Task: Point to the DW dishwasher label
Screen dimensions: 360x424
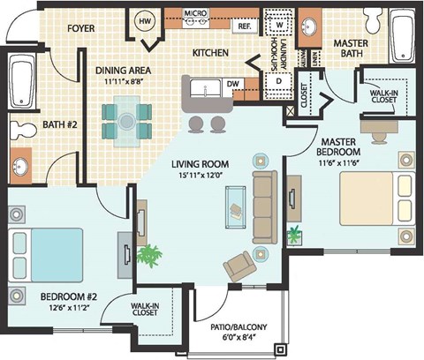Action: coord(234,84)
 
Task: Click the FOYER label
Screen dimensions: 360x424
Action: coord(81,27)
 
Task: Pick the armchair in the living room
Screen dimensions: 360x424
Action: coord(238,265)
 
